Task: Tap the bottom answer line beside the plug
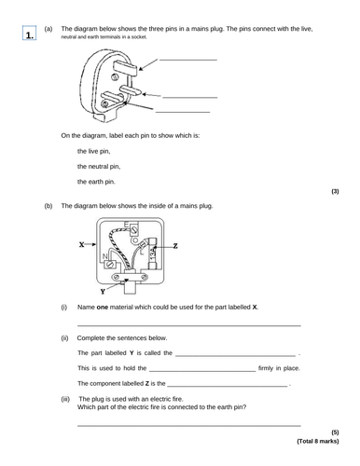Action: (192, 112)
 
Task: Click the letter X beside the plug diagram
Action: (83, 246)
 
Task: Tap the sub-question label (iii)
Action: (65, 398)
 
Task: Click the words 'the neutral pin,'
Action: (99, 167)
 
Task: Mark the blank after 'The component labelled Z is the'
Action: (228, 384)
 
